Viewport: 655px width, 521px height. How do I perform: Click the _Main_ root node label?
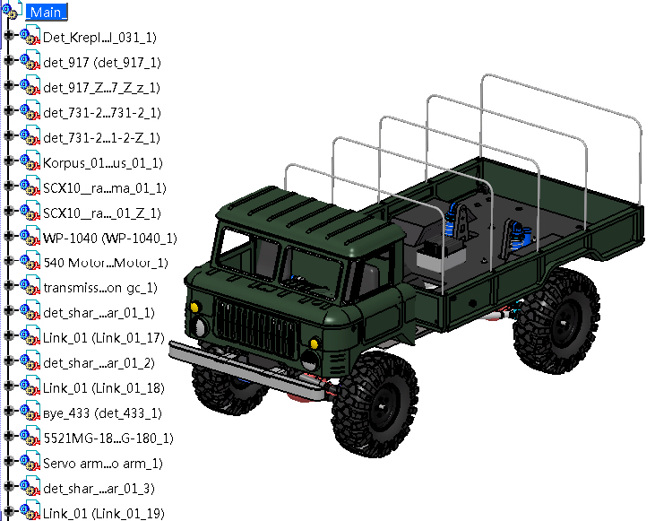click(x=46, y=13)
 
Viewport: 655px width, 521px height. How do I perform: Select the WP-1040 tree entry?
click(x=110, y=238)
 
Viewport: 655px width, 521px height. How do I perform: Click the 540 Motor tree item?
click(x=106, y=263)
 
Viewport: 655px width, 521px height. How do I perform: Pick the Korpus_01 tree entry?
click(x=103, y=162)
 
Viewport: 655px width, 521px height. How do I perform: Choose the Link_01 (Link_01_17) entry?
click(x=104, y=338)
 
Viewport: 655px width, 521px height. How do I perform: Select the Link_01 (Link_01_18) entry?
click(x=104, y=388)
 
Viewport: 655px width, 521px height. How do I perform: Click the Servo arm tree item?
click(x=103, y=464)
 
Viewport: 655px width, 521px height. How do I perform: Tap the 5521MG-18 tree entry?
click(x=108, y=439)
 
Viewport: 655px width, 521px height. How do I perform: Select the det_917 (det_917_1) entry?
click(x=102, y=62)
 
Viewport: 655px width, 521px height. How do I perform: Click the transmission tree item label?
click(x=100, y=288)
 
